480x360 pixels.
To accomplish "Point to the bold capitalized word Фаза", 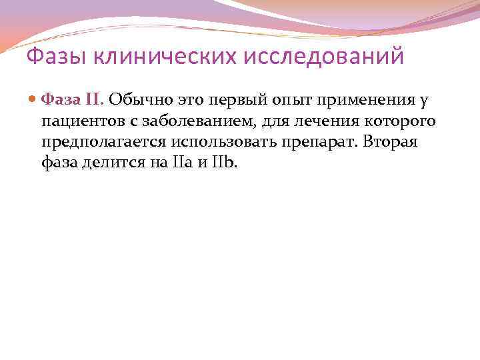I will (61, 100).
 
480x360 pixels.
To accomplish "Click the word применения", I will (369, 100).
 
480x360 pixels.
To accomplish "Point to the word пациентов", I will (80, 121).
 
